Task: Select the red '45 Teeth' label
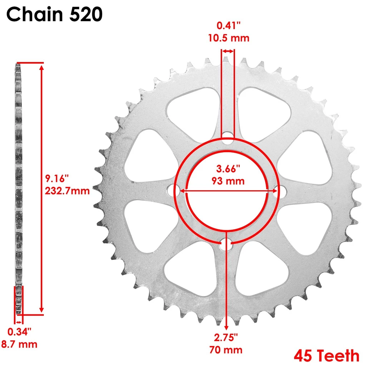tap(327, 356)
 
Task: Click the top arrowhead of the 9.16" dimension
tap(42, 67)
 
